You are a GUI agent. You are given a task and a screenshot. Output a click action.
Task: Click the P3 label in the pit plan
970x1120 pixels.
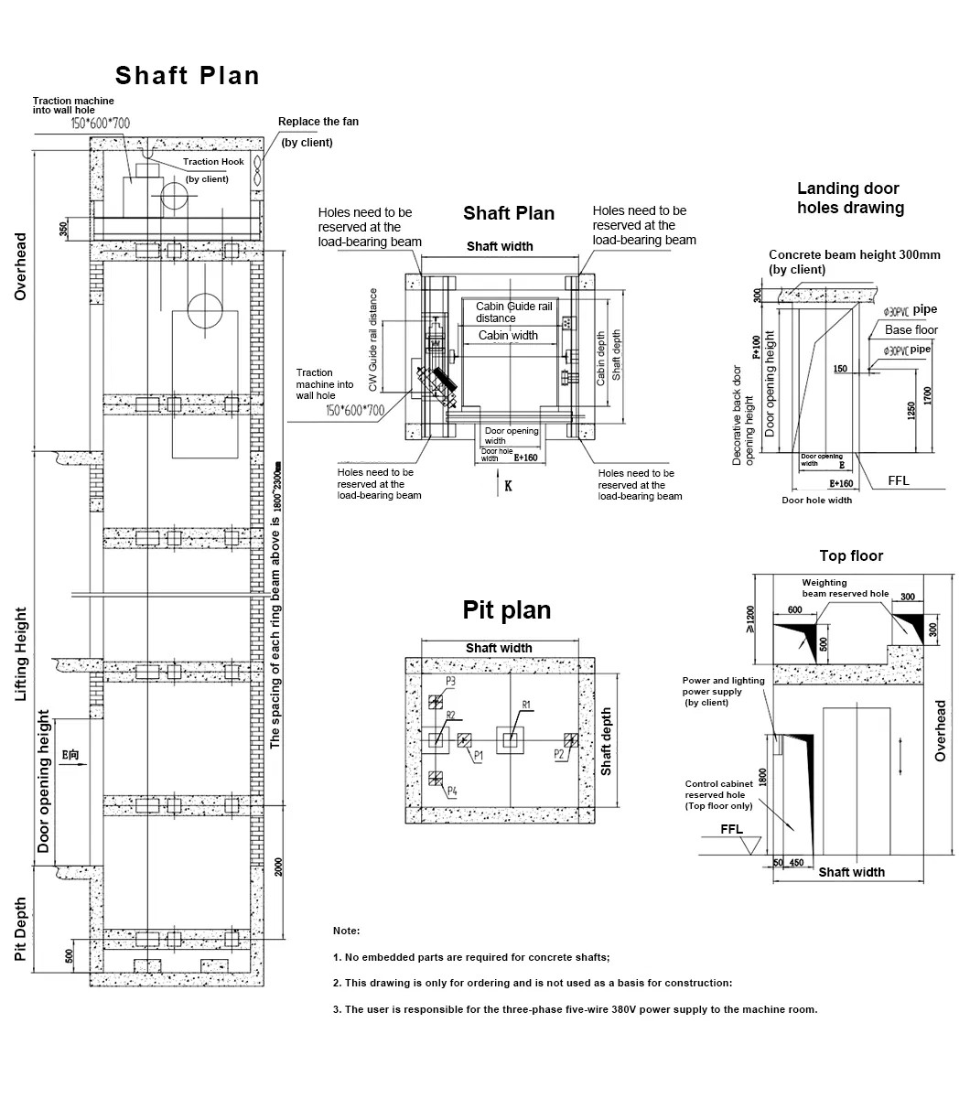pos(451,682)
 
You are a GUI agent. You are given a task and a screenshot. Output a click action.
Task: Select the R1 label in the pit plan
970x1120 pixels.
pos(526,705)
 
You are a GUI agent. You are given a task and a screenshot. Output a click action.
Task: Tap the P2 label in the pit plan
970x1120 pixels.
pos(558,754)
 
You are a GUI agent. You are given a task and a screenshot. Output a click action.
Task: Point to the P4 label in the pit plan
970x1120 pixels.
pos(451,791)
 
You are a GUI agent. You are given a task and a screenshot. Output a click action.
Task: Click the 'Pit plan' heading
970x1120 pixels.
pos(506,610)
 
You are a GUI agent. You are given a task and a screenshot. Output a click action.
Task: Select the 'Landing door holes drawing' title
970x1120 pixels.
pos(849,199)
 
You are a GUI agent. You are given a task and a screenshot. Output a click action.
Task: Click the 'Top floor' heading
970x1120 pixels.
pos(851,555)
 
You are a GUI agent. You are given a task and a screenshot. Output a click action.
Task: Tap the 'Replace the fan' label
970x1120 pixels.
pos(318,122)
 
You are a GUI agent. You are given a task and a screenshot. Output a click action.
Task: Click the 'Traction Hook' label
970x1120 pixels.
pos(213,162)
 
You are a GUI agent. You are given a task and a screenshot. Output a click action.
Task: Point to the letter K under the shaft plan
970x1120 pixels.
pos(508,486)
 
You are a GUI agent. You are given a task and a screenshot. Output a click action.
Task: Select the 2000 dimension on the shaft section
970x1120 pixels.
pos(277,866)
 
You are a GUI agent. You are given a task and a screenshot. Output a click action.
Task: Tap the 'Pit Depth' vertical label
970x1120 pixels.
pos(20,928)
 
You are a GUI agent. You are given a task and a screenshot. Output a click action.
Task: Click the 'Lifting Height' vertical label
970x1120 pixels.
pos(20,654)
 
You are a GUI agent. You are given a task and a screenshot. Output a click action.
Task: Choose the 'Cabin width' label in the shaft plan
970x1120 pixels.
pos(508,336)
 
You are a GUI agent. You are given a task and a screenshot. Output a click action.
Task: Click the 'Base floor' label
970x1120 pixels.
pos(911,329)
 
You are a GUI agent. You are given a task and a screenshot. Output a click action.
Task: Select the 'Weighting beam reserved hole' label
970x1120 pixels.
pos(845,588)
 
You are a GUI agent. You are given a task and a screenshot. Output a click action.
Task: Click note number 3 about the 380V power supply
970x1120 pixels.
pos(575,1009)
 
